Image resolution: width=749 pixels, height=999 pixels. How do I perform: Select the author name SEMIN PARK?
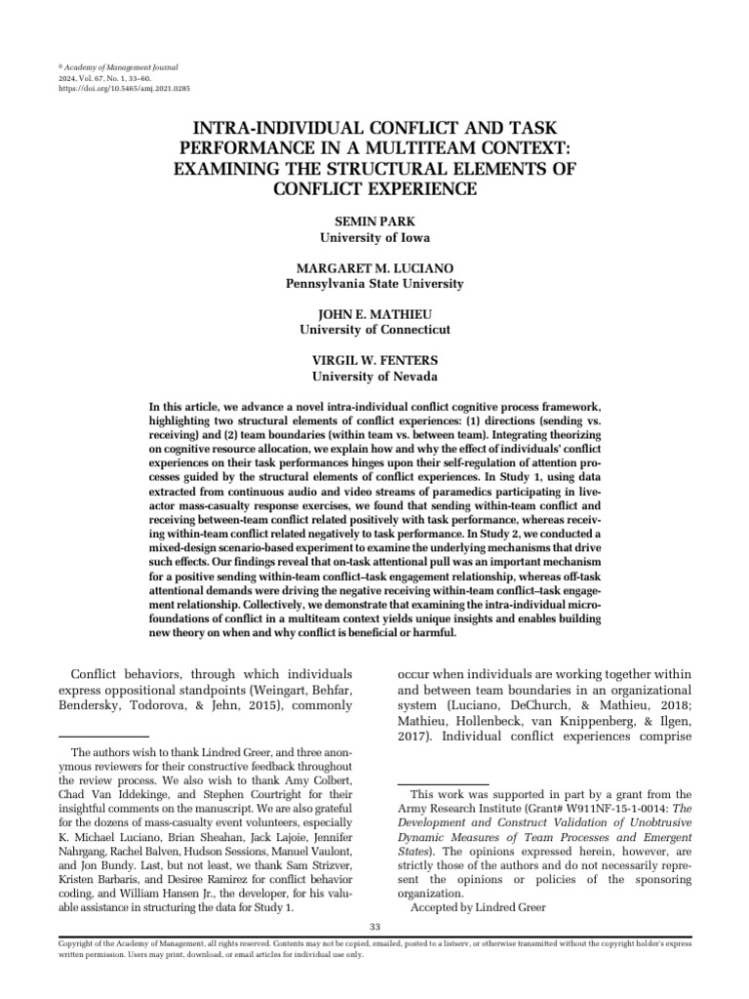click(374, 221)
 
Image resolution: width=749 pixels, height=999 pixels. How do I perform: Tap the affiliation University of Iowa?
click(374, 236)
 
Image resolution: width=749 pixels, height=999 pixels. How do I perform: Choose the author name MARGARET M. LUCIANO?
click(374, 268)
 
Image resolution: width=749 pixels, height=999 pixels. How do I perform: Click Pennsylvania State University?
click(374, 283)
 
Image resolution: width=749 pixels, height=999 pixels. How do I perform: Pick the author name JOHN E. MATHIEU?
click(374, 315)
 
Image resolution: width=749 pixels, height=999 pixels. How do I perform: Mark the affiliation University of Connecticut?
click(374, 330)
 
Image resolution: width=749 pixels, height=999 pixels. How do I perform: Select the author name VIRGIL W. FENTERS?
click(374, 361)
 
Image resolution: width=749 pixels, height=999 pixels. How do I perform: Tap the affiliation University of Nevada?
click(374, 376)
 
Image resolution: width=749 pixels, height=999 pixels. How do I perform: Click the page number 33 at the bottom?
click(374, 925)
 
